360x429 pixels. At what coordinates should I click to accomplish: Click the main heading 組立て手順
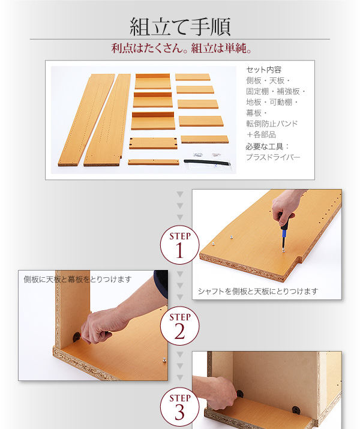coord(180,26)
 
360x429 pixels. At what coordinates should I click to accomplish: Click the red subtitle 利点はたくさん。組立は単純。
coord(181,49)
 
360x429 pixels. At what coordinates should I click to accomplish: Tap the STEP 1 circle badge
coord(180,245)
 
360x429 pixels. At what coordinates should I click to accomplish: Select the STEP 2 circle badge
coord(180,326)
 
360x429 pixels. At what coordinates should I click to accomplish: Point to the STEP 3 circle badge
coord(180,407)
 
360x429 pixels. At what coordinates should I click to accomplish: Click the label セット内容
coord(264,70)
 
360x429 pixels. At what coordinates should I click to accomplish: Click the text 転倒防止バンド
coord(272,124)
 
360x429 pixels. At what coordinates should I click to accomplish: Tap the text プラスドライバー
coord(273,157)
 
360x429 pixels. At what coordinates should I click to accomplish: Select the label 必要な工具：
coord(267,146)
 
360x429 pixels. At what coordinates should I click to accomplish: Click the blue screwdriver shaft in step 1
coord(284,239)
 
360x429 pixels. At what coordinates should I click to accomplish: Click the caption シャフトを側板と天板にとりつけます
coord(258,292)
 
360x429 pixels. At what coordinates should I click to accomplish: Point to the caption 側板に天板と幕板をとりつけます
coord(77,280)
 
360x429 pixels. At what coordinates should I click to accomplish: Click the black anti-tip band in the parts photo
coord(207,163)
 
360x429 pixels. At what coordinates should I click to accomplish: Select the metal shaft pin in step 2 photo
coord(164,360)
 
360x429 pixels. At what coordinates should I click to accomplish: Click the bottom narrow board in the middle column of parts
coord(154,162)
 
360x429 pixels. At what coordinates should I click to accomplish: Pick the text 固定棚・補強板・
coord(275,91)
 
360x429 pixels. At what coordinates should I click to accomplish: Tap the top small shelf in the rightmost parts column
coord(193,77)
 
